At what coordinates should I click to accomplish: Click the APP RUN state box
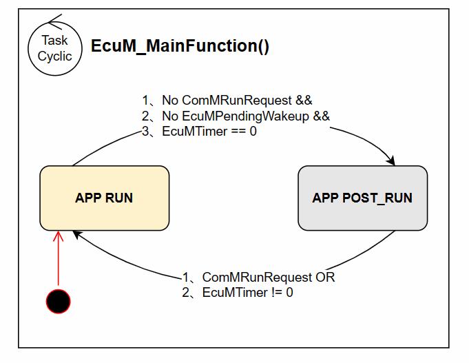pos(104,198)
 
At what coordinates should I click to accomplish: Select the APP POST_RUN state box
pos(362,198)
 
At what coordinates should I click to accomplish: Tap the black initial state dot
pos(58,301)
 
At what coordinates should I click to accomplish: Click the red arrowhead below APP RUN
pos(58,237)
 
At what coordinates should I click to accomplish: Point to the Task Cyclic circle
pos(54,48)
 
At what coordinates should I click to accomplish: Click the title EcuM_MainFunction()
pos(180,47)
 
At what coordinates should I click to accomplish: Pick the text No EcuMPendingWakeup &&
pos(245,116)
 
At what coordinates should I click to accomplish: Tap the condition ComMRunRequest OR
pos(268,278)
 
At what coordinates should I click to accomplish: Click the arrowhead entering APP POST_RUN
pos(390,161)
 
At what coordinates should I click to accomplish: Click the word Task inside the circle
pos(54,41)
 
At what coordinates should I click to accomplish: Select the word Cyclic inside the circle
pos(54,56)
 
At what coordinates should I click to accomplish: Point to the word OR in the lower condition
pos(325,278)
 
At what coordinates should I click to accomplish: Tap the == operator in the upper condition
pos(238,131)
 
